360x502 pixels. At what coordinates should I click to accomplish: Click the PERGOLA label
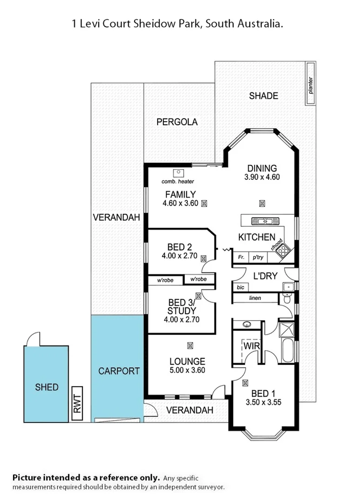click(177, 122)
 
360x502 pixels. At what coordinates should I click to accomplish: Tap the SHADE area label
click(263, 96)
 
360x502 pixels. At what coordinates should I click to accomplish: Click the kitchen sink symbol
click(258, 221)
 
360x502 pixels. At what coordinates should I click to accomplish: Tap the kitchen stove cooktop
click(282, 251)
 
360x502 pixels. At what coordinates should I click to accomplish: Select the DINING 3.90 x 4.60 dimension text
click(262, 177)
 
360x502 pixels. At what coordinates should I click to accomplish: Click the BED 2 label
click(180, 247)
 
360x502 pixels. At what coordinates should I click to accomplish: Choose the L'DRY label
click(265, 276)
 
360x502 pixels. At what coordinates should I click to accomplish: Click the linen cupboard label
click(255, 298)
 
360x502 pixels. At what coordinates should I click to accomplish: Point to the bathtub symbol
click(287, 350)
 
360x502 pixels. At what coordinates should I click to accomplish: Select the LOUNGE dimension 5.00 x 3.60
click(187, 370)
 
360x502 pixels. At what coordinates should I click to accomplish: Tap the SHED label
click(47, 387)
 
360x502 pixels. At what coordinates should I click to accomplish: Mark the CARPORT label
click(119, 371)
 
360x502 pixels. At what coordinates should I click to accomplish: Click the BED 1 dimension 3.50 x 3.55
click(263, 403)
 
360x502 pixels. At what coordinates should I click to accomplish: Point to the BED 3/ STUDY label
click(182, 306)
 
